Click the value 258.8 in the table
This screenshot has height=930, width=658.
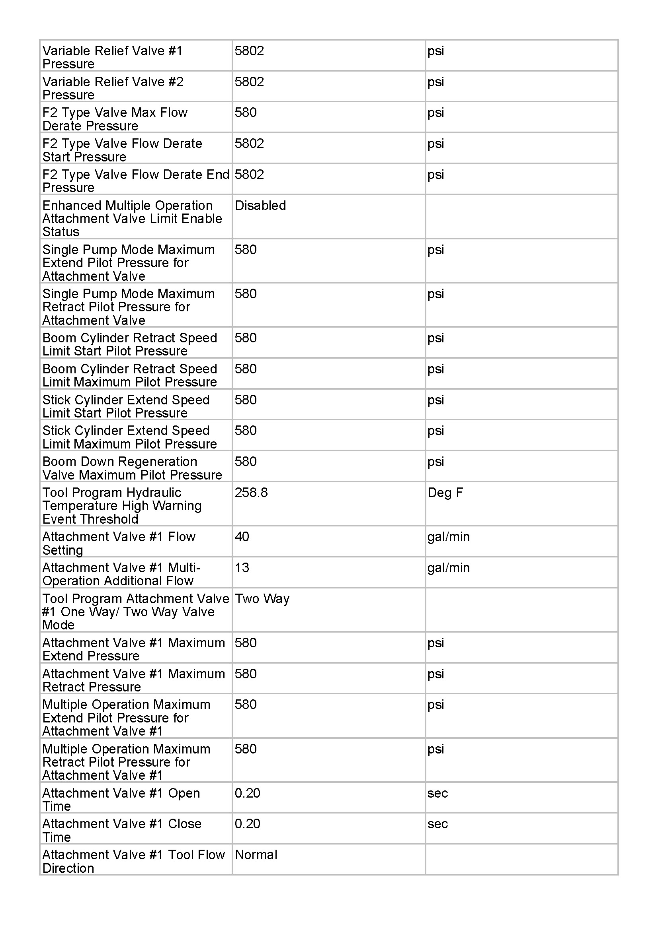(251, 493)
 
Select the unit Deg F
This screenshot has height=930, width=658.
(445, 493)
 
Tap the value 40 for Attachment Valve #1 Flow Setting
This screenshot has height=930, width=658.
(242, 537)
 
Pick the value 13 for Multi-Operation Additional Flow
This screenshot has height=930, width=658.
(242, 567)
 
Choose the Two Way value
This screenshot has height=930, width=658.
(262, 599)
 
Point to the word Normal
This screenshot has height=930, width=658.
(256, 855)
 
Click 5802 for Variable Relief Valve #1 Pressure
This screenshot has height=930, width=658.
(249, 50)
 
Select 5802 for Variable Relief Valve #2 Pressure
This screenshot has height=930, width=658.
(249, 82)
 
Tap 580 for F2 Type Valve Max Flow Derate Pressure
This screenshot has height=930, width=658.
(245, 112)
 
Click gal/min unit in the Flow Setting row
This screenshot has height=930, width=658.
(448, 537)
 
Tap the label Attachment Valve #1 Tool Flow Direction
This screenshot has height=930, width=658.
(133, 861)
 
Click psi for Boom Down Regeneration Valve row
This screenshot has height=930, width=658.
(435, 462)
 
